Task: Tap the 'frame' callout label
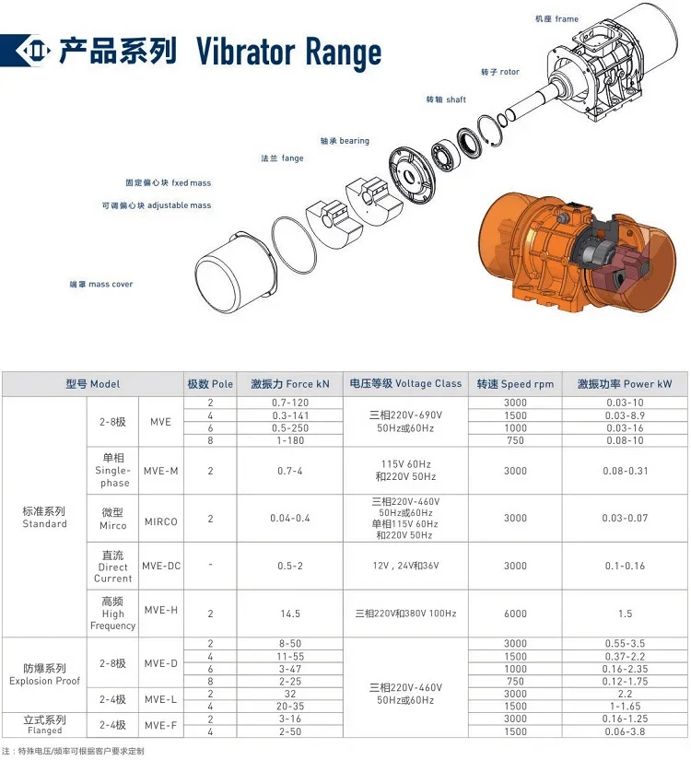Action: click(x=556, y=18)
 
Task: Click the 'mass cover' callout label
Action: click(x=101, y=285)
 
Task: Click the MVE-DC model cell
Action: click(x=161, y=566)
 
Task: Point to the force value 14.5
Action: click(x=289, y=614)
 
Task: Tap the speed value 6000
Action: click(x=515, y=614)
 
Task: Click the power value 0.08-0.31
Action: click(x=625, y=471)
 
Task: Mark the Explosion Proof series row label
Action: click(x=44, y=674)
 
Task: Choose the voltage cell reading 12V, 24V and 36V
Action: click(x=404, y=566)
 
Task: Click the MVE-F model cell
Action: click(x=161, y=725)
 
